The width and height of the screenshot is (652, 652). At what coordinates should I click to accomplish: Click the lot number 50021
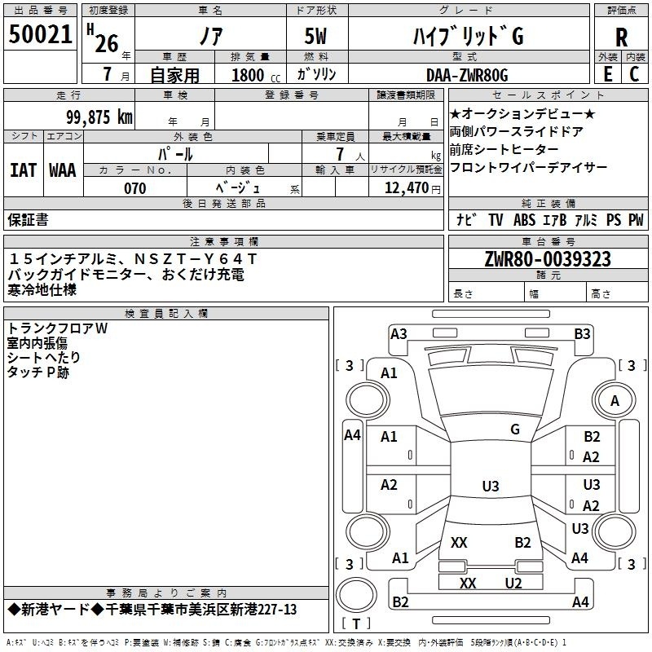[40, 34]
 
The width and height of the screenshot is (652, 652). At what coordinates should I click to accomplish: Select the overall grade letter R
[621, 37]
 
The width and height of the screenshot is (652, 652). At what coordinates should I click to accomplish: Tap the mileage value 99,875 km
[99, 117]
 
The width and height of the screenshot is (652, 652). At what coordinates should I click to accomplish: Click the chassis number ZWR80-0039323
[548, 259]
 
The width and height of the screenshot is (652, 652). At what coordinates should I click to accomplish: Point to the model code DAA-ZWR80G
[467, 75]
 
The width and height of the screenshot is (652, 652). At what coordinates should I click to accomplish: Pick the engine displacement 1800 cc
[256, 75]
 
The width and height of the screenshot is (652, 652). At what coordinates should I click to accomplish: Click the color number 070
[135, 188]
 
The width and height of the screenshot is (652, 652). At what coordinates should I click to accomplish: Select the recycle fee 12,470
[406, 188]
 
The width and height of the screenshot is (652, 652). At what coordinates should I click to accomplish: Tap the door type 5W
[315, 36]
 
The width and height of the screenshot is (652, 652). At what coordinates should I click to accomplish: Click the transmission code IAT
[24, 170]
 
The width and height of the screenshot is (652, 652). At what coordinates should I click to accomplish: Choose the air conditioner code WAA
[63, 170]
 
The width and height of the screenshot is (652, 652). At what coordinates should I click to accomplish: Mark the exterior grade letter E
[607, 74]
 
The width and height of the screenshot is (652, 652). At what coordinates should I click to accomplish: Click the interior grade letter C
[634, 74]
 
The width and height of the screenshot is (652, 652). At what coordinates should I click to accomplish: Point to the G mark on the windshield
[515, 430]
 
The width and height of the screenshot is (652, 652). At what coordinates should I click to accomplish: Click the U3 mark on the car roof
[491, 486]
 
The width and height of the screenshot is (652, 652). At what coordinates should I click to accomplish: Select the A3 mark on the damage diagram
[399, 334]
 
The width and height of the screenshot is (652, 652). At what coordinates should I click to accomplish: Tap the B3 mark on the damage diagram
[582, 334]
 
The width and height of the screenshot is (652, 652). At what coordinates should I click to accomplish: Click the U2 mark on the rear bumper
[513, 583]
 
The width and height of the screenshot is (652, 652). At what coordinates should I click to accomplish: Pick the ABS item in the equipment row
[524, 219]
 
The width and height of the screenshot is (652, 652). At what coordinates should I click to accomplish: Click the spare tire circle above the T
[356, 595]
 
